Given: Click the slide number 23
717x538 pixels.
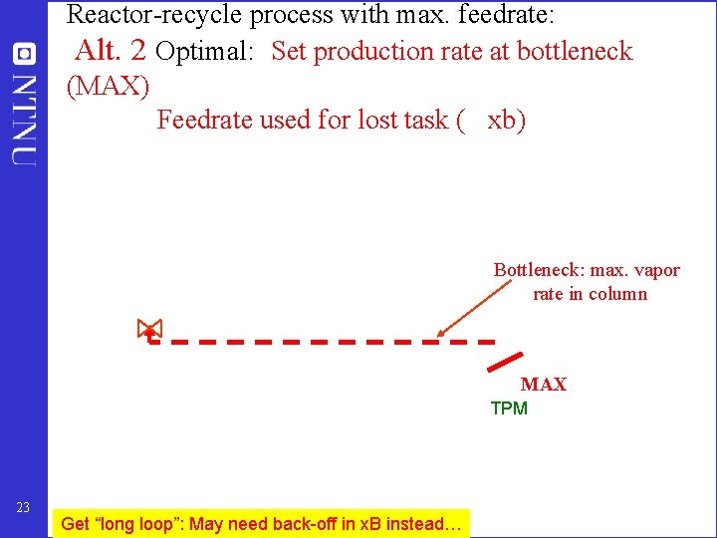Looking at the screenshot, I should click(24, 507).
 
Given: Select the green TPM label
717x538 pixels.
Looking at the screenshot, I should click(509, 408).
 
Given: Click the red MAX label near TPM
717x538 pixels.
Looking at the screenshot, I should click(543, 385).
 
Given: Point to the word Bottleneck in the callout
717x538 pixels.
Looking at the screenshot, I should click(538, 270).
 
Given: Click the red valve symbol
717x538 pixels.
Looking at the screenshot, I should click(149, 330).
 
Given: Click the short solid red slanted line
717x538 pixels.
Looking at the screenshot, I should click(507, 361).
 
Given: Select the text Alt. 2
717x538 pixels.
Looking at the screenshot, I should click(111, 50).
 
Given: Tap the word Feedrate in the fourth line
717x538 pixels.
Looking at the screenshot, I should click(204, 120).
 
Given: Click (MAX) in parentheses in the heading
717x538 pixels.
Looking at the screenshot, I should click(108, 87).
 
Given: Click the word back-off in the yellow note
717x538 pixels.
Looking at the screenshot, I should click(289, 524).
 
